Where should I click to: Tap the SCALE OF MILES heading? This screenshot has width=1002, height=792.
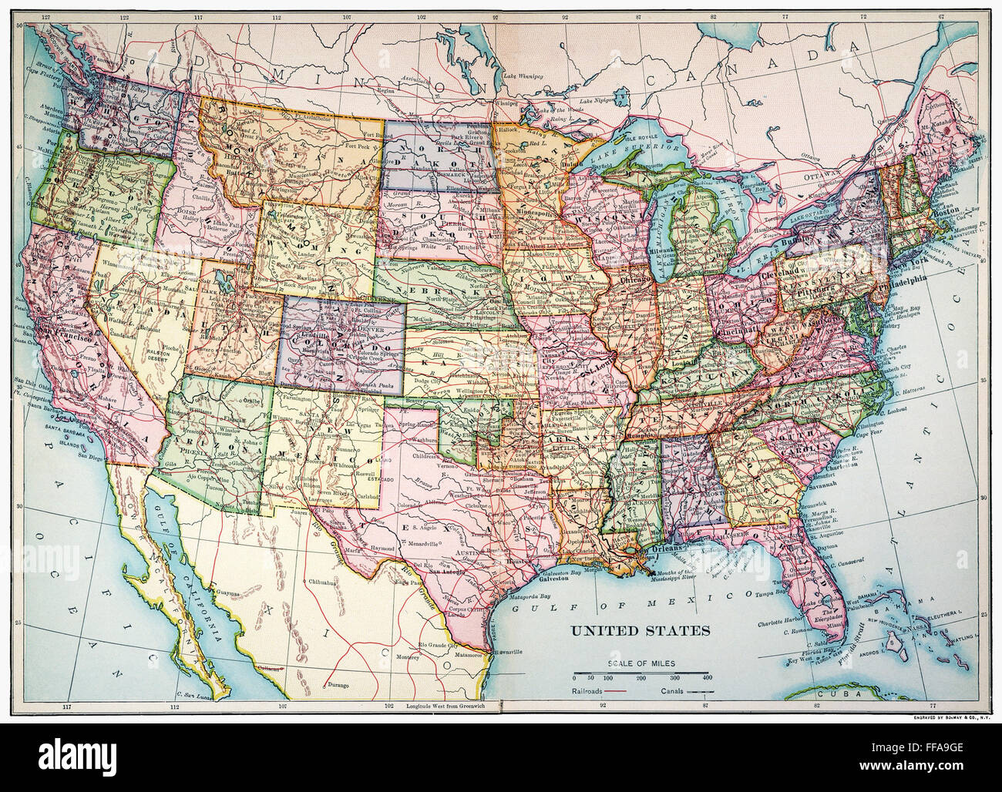(x=641, y=663)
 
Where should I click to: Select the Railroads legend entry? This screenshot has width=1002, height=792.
(x=589, y=691)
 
